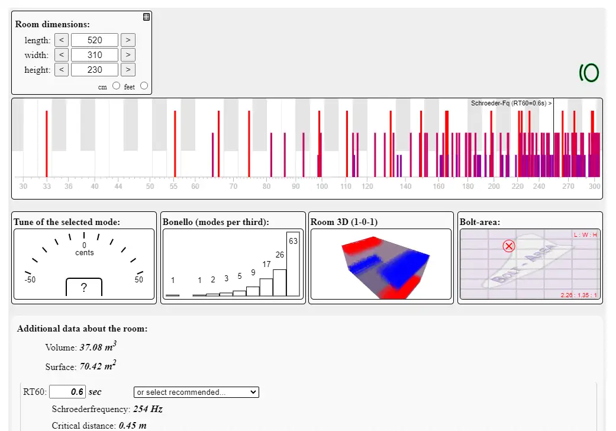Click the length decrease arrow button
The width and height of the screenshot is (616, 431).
pyautogui.click(x=61, y=40)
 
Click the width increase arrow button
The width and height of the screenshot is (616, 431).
pyautogui.click(x=128, y=55)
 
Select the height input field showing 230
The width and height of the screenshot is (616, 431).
pyautogui.click(x=95, y=70)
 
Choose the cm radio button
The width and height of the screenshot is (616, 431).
pyautogui.click(x=116, y=85)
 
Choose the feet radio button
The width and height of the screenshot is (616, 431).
pyautogui.click(x=144, y=85)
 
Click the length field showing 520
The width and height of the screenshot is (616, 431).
pyautogui.click(x=95, y=40)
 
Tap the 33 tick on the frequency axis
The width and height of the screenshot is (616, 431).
pyautogui.click(x=47, y=186)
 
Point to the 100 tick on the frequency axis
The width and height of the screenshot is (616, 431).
pyautogui.click(x=321, y=186)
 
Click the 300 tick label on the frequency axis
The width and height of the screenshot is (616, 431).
pyautogui.click(x=594, y=186)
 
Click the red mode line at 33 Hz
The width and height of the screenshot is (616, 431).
pyautogui.click(x=47, y=142)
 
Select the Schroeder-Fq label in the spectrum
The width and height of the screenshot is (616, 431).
pyautogui.click(x=511, y=103)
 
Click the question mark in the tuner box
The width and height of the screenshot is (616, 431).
pyautogui.click(x=84, y=288)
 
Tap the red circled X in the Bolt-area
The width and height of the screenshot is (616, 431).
pyautogui.click(x=508, y=246)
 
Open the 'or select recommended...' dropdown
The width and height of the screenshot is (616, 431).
pyautogui.click(x=196, y=392)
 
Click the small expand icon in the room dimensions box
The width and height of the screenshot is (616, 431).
pyautogui.click(x=146, y=17)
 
